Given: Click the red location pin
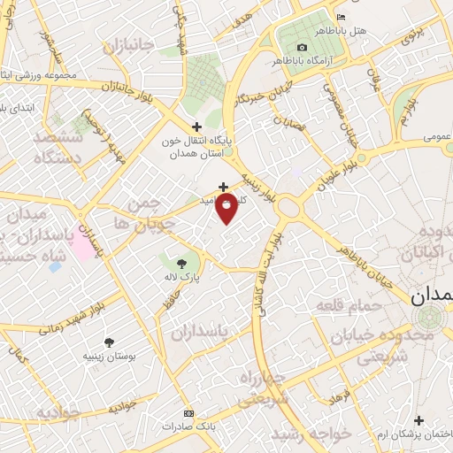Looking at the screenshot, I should (227, 208).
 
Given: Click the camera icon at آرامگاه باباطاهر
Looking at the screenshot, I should (303, 47).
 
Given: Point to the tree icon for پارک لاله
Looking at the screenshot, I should (182, 263).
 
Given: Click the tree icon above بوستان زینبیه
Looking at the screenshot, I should (109, 342).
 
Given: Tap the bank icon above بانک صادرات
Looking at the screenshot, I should (188, 413).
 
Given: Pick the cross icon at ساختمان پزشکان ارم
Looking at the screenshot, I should (418, 420).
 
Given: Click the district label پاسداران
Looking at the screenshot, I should (199, 331).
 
